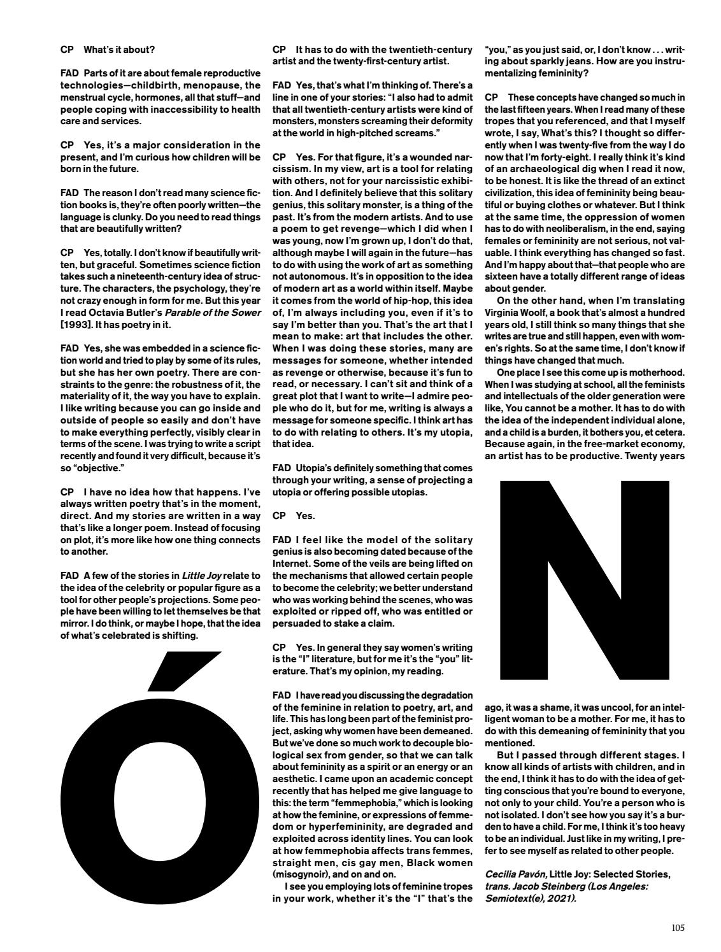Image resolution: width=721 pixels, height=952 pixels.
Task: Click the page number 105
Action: (678, 928)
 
